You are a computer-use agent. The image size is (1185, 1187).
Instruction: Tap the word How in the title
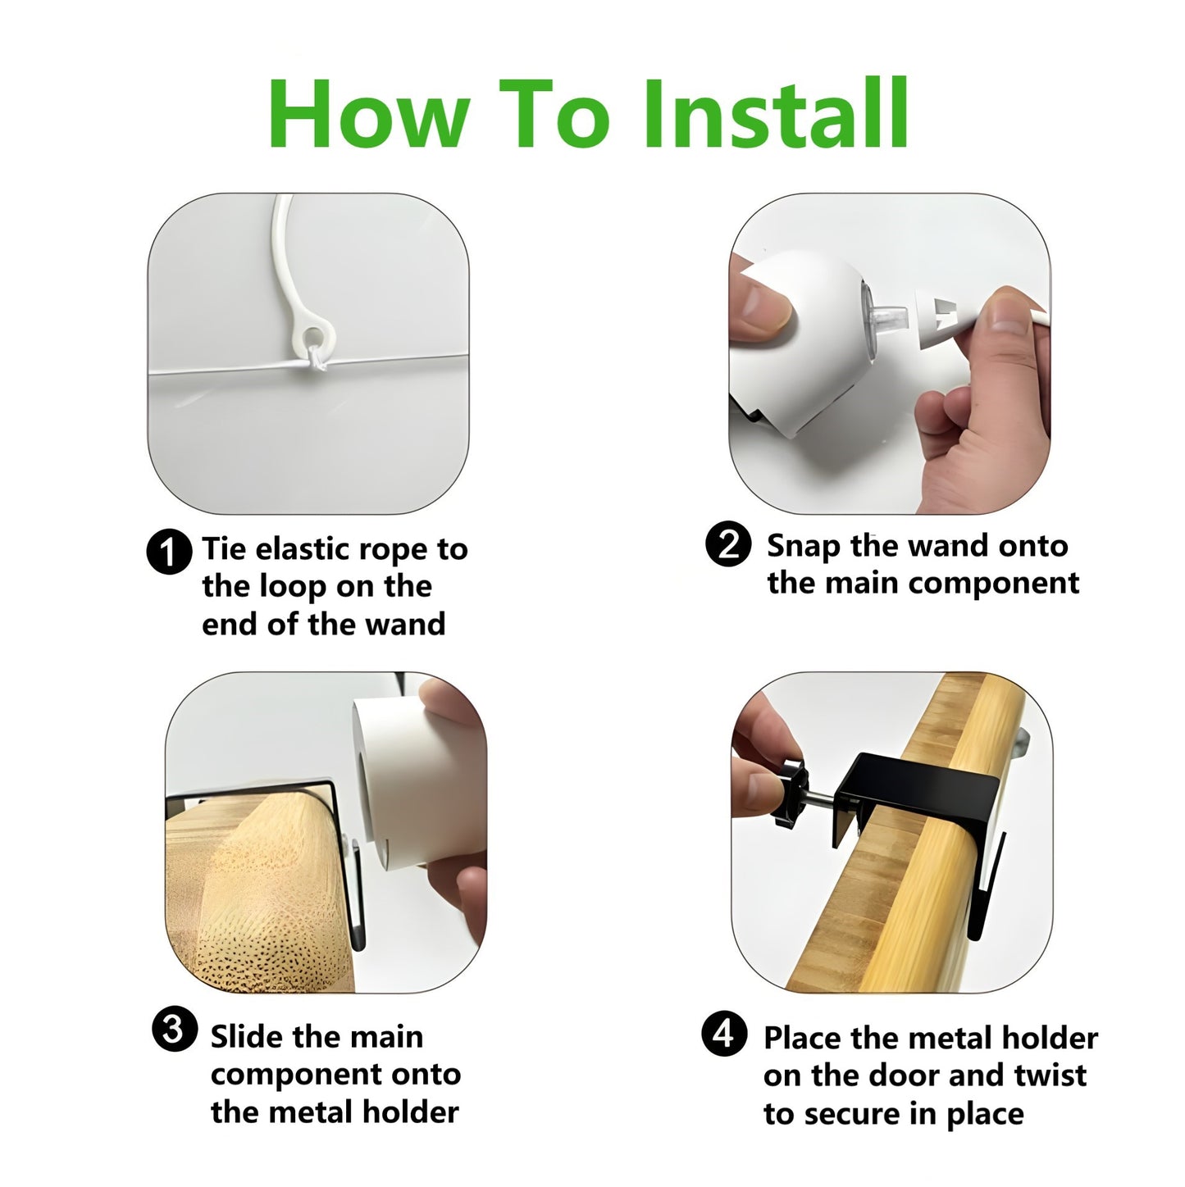point(368,114)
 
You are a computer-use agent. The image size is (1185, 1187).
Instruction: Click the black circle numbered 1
point(169,552)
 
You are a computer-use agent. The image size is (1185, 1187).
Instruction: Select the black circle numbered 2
point(728,544)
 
